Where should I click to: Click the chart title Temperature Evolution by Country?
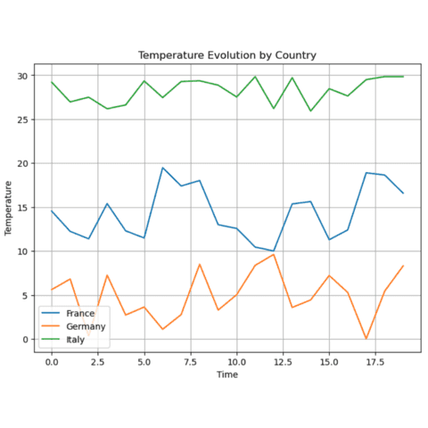point(226,55)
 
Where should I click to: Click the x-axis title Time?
point(226,376)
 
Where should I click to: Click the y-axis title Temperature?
point(10,208)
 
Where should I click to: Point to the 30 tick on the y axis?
point(21,76)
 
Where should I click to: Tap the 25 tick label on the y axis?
point(21,119)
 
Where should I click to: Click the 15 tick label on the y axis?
point(21,208)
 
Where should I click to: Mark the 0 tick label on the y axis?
point(24,340)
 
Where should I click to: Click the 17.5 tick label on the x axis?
point(374,362)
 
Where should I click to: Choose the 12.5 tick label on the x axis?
point(283,362)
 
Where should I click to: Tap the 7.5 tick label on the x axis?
point(190,362)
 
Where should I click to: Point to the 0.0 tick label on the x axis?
point(52,362)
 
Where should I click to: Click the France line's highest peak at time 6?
point(162,168)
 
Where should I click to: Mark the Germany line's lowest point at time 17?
point(366,339)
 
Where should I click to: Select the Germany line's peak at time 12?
point(274,255)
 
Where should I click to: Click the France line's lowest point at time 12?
point(274,251)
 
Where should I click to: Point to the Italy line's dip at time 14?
point(310,111)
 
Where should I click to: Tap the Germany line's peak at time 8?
point(200,264)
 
